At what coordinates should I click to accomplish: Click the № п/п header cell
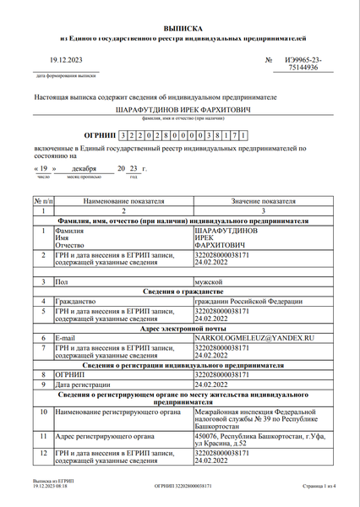coord(42,203)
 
